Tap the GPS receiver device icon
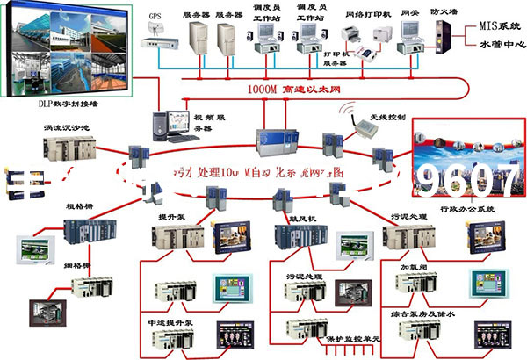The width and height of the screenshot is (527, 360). coord(158,30)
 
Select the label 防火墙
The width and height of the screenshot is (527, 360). coord(442,11)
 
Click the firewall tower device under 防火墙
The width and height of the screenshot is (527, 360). coord(444,38)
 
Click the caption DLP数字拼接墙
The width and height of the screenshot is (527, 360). coord(40,103)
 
